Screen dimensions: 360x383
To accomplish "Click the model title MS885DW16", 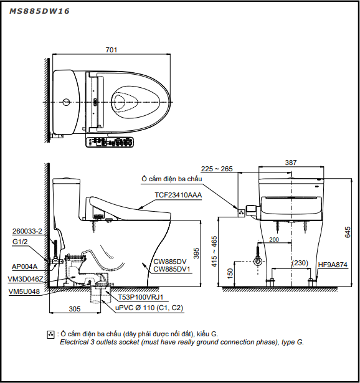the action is coord(39,11).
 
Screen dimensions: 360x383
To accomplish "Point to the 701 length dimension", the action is coord(111,50).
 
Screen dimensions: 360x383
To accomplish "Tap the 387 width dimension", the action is coord(291,163).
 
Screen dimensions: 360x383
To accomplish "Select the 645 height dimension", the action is coord(348,232).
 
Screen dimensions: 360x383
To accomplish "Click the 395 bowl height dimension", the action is coord(196,253).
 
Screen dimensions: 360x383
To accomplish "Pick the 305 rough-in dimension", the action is coord(75,309).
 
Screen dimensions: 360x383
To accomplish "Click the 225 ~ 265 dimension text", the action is coord(217,169).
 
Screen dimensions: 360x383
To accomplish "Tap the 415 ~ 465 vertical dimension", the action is coord(214,252).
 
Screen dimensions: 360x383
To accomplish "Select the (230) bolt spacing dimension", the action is coord(300,263).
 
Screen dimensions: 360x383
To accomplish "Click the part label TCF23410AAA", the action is coord(178,195).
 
